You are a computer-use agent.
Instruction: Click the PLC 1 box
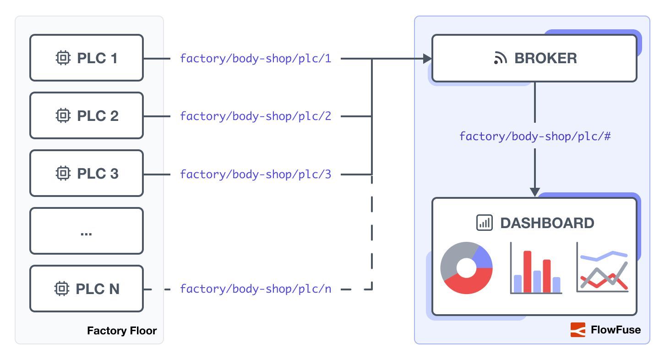(x=87, y=58)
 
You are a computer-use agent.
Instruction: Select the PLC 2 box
(x=87, y=116)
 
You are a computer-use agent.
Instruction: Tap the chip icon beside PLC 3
(x=63, y=174)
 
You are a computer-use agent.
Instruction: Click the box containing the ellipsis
(x=87, y=231)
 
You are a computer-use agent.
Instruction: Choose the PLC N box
(x=87, y=289)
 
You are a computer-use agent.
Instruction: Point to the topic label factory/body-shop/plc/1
(x=255, y=59)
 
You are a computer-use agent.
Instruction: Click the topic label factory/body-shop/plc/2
(x=255, y=116)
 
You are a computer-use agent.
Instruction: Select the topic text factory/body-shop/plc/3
(x=255, y=174)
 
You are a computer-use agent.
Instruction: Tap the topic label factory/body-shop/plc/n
(x=255, y=289)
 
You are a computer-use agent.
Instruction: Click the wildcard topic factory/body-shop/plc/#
(x=534, y=136)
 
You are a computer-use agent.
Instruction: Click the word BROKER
(x=545, y=59)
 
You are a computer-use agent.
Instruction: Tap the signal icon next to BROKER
(x=500, y=59)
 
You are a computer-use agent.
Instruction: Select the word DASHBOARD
(x=547, y=223)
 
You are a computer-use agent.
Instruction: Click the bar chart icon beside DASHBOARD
(x=484, y=223)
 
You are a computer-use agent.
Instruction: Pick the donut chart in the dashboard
(x=466, y=268)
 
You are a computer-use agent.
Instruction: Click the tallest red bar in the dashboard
(x=527, y=272)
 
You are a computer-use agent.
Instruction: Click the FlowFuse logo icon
(x=578, y=330)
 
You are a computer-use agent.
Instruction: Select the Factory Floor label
(x=122, y=331)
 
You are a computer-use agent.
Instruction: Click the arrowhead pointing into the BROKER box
(x=427, y=59)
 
